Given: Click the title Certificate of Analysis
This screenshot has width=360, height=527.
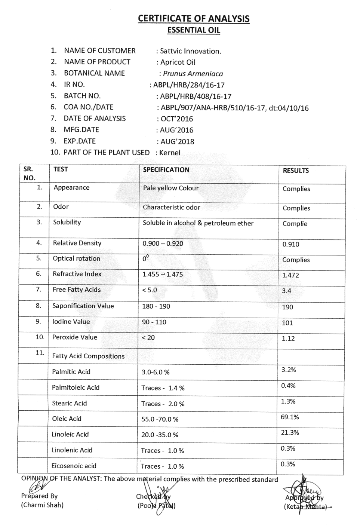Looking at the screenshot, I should (193, 18).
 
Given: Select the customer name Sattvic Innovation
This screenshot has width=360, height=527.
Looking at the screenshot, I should (190, 51).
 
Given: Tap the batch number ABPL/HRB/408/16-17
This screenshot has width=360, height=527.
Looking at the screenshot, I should (196, 96).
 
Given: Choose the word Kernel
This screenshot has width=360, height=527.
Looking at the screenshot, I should (170, 153).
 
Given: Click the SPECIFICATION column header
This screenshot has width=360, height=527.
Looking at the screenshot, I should (166, 170).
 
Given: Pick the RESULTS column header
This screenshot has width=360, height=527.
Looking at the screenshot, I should (296, 171).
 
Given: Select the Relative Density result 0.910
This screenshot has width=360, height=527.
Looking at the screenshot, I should (290, 245).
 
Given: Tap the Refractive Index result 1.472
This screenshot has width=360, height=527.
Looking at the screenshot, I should (290, 275).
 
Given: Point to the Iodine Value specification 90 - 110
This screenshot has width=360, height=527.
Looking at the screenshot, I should (154, 322).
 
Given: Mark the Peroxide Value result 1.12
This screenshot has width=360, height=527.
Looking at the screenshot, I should (288, 338).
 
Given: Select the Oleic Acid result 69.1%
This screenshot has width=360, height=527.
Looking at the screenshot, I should (290, 417).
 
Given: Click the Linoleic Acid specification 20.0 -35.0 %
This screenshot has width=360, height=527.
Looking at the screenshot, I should (160, 435).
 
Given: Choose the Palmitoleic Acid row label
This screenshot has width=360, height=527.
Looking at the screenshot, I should (76, 387).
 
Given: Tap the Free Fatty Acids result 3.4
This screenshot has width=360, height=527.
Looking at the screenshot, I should (286, 291).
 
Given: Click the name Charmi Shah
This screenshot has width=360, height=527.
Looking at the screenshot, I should (42, 505).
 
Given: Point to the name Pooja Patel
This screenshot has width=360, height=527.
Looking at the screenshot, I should (157, 506).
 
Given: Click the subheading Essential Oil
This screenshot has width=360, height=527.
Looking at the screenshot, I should (193, 30).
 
